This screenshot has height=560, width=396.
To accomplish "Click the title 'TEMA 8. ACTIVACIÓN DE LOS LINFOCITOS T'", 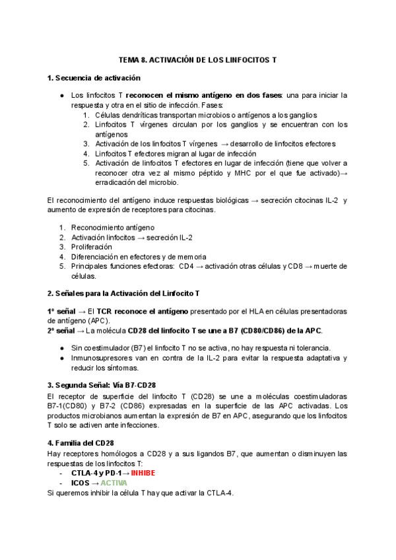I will (197, 59).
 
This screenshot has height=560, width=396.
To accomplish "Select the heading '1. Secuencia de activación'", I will (94, 79).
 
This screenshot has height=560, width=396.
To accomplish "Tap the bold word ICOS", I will (80, 483).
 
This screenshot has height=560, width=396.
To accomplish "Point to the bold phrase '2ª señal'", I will (61, 330).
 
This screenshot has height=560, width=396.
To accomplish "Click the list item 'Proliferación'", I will (92, 246).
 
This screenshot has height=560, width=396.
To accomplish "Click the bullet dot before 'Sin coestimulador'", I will (61, 348).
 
